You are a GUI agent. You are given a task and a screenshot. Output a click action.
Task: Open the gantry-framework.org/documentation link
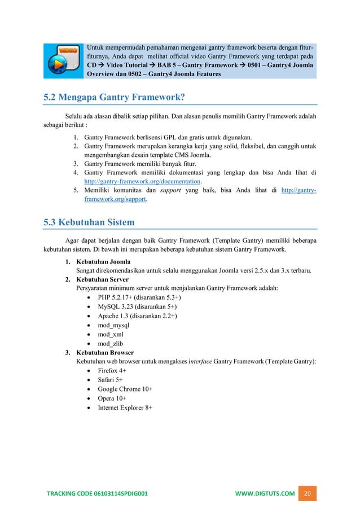click(x=142, y=182)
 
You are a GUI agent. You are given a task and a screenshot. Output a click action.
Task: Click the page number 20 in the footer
click(x=308, y=494)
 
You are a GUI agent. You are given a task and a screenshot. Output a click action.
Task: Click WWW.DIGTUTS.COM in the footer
click(x=265, y=494)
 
